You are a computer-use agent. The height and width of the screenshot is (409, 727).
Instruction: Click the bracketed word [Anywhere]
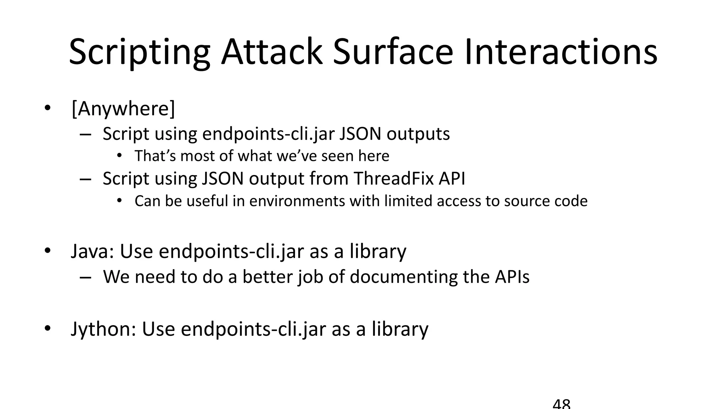pos(123,109)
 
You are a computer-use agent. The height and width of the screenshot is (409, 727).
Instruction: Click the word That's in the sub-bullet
pos(155,156)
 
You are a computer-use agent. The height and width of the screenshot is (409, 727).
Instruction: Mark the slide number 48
pos(562,404)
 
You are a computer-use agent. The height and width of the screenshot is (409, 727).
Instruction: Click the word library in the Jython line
pos(400,329)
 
